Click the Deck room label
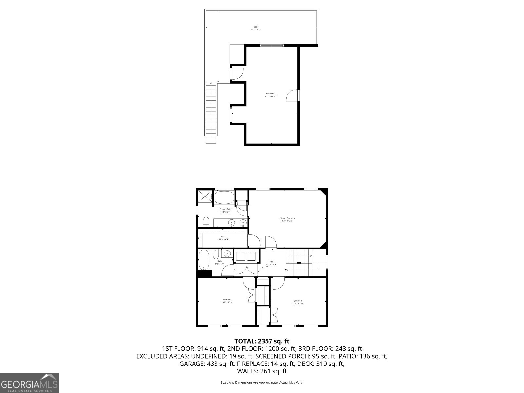pyautogui.click(x=256, y=28)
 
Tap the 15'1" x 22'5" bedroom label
pyautogui.click(x=270, y=95)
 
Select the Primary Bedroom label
pyautogui.click(x=287, y=219)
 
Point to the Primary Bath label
pyautogui.click(x=225, y=210)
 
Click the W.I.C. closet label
pyautogui.click(x=224, y=238)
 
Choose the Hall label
pyautogui.click(x=271, y=263)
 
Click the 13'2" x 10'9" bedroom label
pyautogui.click(x=227, y=301)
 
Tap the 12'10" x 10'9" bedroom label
pyautogui.click(x=298, y=302)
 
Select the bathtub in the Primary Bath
pyautogui.click(x=224, y=197)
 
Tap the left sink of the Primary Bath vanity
pyautogui.click(x=232, y=223)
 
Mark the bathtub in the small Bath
pyautogui.click(x=204, y=260)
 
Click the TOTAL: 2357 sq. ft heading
pyautogui.click(x=262, y=341)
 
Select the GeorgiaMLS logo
pyautogui.click(x=29, y=383)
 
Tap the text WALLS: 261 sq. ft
pyautogui.click(x=262, y=371)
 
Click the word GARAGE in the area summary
pyautogui.click(x=191, y=364)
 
